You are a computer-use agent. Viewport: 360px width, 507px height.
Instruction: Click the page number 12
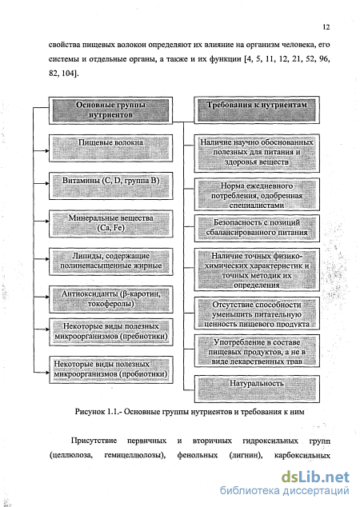(x=326, y=27)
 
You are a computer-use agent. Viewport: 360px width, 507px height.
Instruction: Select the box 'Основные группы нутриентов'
(x=110, y=110)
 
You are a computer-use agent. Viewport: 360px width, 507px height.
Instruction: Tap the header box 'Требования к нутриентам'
(x=257, y=110)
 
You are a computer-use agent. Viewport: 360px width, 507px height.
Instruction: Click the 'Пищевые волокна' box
(x=110, y=148)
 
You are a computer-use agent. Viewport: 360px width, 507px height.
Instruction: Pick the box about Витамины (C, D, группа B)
(x=110, y=186)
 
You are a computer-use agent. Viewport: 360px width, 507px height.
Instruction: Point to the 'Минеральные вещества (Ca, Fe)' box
(x=110, y=224)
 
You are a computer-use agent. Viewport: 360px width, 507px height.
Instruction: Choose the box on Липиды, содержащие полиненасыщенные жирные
(x=110, y=261)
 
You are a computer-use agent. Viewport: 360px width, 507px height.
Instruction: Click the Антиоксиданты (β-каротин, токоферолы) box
(x=110, y=299)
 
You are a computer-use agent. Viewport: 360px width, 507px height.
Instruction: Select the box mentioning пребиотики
(x=110, y=332)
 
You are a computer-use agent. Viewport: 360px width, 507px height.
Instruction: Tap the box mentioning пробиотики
(x=110, y=370)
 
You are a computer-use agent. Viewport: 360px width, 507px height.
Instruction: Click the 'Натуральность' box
(x=257, y=389)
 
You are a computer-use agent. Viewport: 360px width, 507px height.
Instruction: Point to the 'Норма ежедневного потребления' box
(x=257, y=194)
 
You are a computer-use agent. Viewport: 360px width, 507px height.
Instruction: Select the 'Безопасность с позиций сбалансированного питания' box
(x=257, y=228)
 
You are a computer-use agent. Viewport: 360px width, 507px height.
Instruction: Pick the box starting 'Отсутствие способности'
(x=257, y=313)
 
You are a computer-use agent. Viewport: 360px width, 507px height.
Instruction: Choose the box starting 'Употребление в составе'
(x=257, y=351)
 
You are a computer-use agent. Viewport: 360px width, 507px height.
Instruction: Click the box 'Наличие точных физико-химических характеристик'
(x=257, y=269)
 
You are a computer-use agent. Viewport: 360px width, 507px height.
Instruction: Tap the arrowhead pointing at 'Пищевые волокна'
(x=47, y=150)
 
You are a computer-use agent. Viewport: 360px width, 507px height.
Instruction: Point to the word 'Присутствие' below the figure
(x=94, y=441)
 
